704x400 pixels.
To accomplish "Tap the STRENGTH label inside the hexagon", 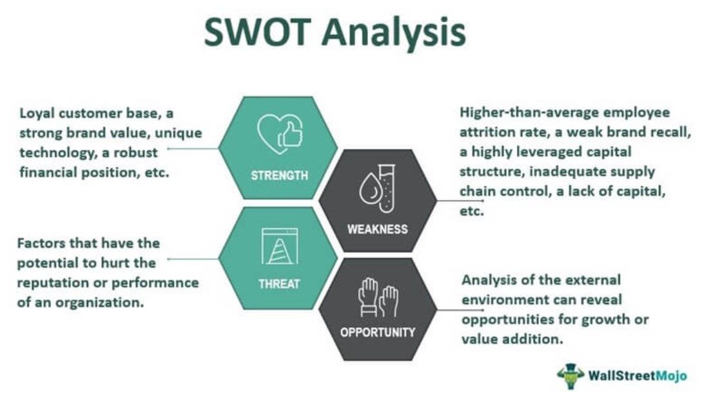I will coord(279,175).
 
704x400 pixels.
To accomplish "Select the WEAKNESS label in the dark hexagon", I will coord(378,229).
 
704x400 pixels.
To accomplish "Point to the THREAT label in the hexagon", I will coord(279,283).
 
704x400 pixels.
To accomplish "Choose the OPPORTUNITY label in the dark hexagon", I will coord(378,333).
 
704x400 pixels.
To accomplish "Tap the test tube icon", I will coord(386,188).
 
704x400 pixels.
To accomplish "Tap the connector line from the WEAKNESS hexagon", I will coord(447,201).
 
